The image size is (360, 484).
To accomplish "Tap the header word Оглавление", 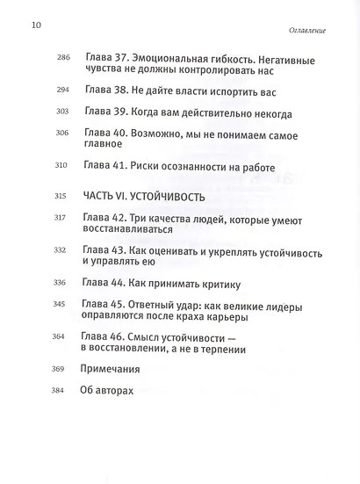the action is pyautogui.click(x=306, y=30).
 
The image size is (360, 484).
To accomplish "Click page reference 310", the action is pyautogui.click(x=61, y=170).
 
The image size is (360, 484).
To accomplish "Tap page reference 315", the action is pyautogui.click(x=61, y=196).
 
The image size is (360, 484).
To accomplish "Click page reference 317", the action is pyautogui.click(x=61, y=219).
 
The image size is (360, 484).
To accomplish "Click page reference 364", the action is pyautogui.click(x=61, y=338).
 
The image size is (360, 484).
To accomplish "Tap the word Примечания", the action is pyautogui.click(x=115, y=371).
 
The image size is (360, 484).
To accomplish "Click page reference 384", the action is pyautogui.click(x=61, y=393).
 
